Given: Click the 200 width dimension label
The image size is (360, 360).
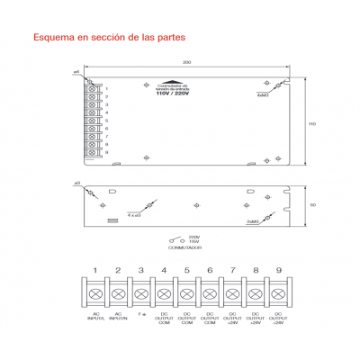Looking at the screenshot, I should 185,62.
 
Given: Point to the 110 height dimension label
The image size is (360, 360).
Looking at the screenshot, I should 312,122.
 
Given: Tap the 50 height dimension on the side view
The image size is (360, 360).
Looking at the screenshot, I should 312,205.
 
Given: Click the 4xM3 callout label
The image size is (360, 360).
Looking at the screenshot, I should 263,93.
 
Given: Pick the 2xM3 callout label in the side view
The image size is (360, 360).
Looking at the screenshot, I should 253,220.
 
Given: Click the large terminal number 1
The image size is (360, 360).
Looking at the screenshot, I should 94,270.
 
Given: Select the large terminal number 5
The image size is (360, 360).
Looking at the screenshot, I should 186,270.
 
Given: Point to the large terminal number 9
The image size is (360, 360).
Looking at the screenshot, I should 278,270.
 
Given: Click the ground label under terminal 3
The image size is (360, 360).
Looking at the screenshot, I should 140,314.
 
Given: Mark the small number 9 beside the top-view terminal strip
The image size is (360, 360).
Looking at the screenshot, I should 107,153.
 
